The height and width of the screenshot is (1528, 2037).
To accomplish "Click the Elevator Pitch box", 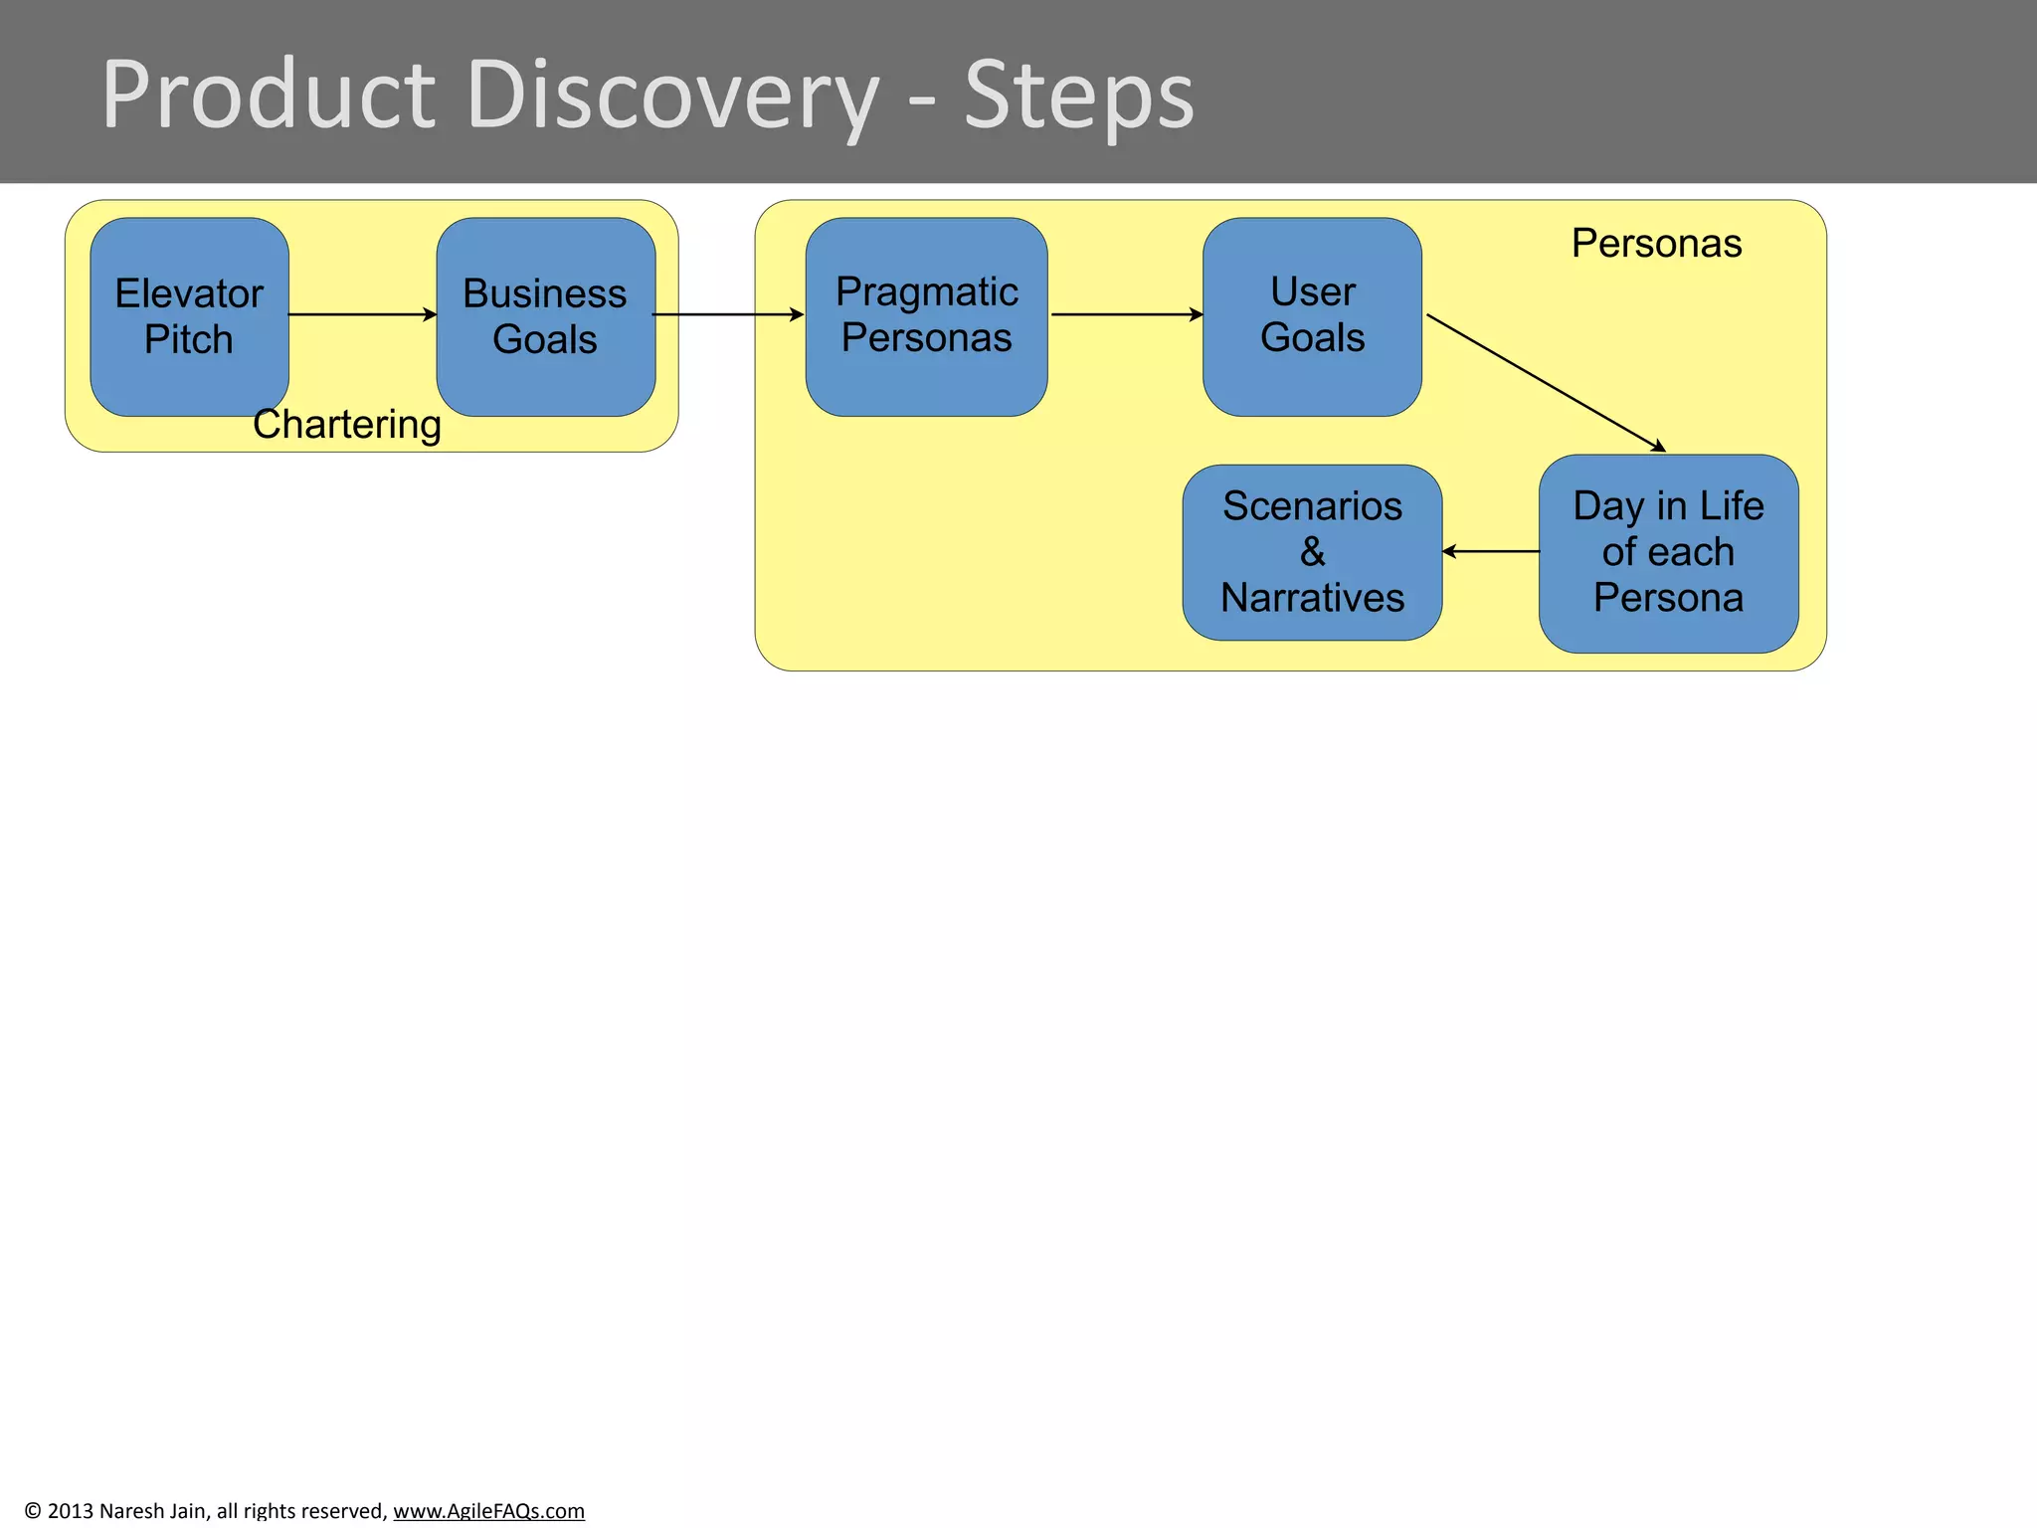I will (x=189, y=316).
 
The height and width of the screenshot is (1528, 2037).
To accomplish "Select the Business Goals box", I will (x=545, y=316).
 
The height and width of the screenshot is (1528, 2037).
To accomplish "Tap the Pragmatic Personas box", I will (x=926, y=316).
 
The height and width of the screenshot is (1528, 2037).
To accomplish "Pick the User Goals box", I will (x=1312, y=316).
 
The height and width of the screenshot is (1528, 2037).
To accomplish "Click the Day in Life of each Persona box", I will (x=1668, y=553).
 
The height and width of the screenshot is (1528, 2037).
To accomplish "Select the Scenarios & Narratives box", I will (x=1312, y=552).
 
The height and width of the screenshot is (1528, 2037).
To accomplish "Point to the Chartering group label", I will (x=346, y=425).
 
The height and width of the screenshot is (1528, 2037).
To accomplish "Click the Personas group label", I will (x=1656, y=244).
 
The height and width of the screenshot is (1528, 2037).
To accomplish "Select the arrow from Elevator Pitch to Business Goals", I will (x=362, y=314).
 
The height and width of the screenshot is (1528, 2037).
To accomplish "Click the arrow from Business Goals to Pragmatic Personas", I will (x=728, y=314).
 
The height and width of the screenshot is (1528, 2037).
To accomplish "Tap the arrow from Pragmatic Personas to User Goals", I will (x=1126, y=314).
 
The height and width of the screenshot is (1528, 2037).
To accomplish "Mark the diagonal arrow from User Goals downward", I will (x=1545, y=383).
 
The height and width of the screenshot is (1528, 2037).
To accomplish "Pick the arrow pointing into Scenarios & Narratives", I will (x=1490, y=551).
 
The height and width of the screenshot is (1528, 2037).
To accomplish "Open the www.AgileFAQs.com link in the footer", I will (x=488, y=1510).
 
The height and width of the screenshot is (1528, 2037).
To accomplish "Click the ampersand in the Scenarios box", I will (x=1312, y=552).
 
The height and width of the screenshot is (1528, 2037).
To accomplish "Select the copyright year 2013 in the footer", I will (x=70, y=1510).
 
